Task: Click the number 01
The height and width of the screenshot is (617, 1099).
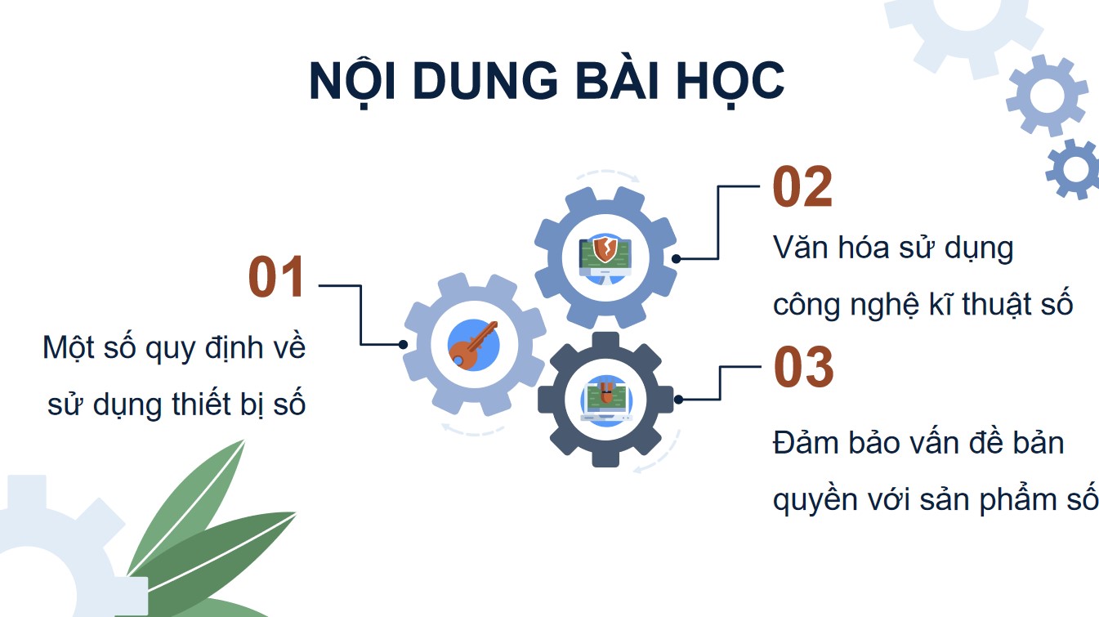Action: coord(277,278)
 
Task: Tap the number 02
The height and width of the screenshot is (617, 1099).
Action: coord(802,188)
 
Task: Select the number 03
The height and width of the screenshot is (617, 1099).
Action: coord(803,367)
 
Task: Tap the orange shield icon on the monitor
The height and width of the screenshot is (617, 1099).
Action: coord(605,248)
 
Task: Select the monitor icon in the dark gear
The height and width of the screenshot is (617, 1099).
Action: coord(605,400)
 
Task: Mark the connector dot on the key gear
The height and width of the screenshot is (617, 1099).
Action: coord(404,345)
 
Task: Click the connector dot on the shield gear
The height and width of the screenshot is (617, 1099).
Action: coord(677,258)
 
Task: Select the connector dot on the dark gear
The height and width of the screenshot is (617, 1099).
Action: coord(679,400)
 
